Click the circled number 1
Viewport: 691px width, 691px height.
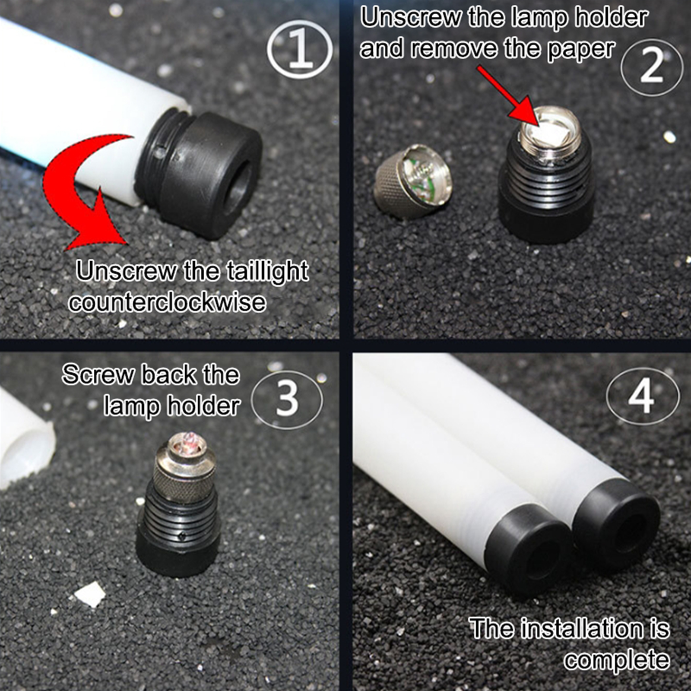coord(300,49)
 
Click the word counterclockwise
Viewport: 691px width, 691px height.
coord(168,302)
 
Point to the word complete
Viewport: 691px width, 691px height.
coord(617,659)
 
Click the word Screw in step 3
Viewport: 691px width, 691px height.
coord(98,374)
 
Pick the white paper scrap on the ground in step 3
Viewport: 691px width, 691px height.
coord(89,594)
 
